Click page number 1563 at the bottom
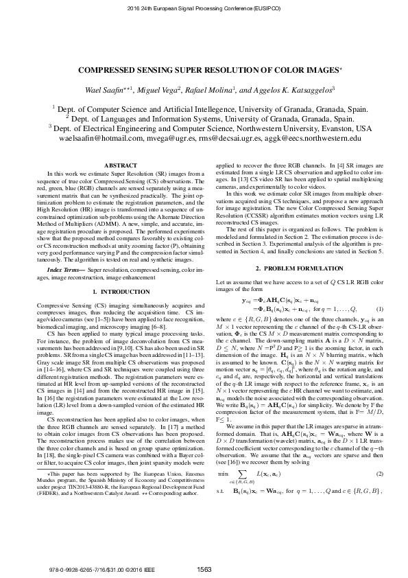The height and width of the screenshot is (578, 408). coord(204,569)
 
